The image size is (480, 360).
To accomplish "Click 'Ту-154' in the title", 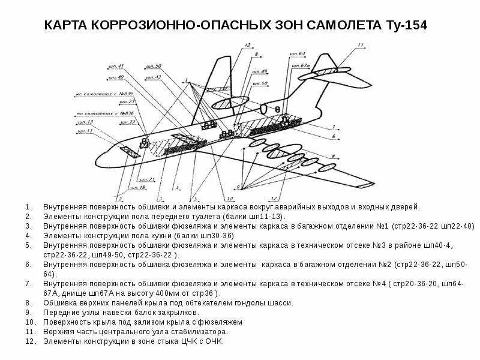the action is [x=406, y=25].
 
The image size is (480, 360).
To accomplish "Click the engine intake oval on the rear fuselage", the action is [x=240, y=103].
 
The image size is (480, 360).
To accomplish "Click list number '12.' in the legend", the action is [x=29, y=341].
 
